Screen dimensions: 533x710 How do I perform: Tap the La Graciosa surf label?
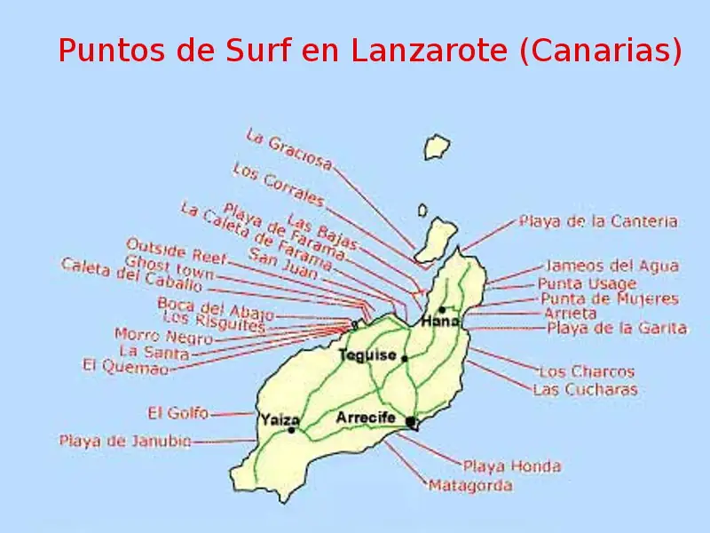click(x=288, y=149)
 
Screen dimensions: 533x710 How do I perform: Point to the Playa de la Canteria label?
click(x=597, y=221)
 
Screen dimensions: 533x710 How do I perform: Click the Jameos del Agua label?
click(x=611, y=266)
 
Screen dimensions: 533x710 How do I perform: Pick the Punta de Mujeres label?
click(x=609, y=299)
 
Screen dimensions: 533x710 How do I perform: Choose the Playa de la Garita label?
click(x=616, y=328)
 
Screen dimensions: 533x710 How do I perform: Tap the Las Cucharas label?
click(x=584, y=389)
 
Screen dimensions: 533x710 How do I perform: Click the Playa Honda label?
click(x=511, y=465)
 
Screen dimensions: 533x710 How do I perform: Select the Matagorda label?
click(x=470, y=486)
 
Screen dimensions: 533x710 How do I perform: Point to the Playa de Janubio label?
click(x=124, y=440)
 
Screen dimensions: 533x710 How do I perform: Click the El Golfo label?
click(x=177, y=413)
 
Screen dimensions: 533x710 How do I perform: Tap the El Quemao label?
click(x=124, y=365)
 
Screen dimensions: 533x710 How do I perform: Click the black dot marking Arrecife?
click(x=410, y=421)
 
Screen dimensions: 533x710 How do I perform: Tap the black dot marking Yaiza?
click(x=291, y=430)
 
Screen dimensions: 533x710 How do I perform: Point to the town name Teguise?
click(x=367, y=354)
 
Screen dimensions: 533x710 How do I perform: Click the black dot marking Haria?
click(x=442, y=310)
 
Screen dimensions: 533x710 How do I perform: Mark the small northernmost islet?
click(x=436, y=147)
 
